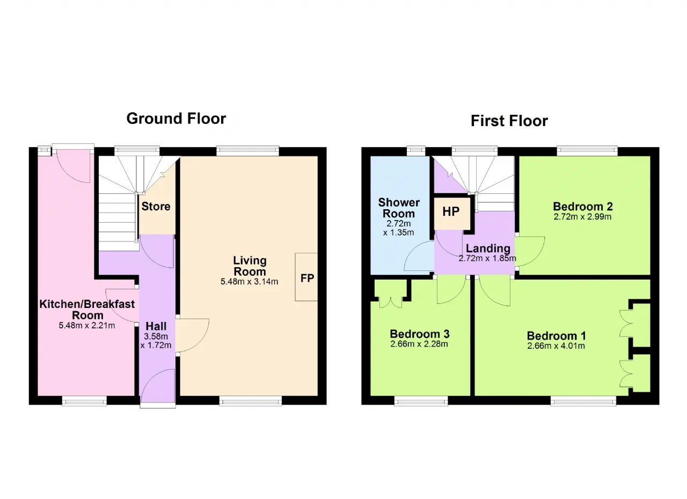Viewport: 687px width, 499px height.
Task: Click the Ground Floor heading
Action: point(176,119)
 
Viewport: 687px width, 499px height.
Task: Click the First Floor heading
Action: point(509,121)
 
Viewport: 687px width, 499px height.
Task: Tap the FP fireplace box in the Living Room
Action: point(306,277)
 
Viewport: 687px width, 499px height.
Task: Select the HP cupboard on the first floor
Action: point(452,214)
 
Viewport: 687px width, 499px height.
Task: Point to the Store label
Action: point(156,206)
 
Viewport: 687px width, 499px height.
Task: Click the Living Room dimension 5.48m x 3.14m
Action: point(250,281)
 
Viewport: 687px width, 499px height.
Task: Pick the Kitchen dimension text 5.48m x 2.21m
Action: point(87,325)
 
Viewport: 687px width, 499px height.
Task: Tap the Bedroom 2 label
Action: point(583,206)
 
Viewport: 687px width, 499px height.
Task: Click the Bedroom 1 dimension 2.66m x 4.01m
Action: point(556,346)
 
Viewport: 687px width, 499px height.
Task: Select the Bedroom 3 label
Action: point(420,334)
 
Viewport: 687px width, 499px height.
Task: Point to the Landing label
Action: point(488,248)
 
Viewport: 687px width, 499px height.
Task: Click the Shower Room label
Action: point(399,208)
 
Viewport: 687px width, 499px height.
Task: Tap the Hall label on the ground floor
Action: point(156,326)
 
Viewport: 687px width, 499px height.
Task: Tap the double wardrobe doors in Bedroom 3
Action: point(391,302)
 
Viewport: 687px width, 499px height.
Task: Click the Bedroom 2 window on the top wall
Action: point(587,151)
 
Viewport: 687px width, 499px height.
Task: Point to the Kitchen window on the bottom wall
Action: point(84,401)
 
